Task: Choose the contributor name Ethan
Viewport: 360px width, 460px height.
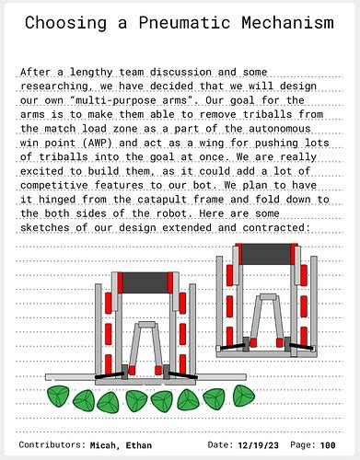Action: pyautogui.click(x=138, y=444)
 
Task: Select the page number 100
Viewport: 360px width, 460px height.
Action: pyautogui.click(x=328, y=444)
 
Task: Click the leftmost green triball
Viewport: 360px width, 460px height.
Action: pyautogui.click(x=59, y=397)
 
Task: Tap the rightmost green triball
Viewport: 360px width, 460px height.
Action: pyautogui.click(x=243, y=396)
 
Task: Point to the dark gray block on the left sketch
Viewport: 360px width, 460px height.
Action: pyautogui.click(x=145, y=282)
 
